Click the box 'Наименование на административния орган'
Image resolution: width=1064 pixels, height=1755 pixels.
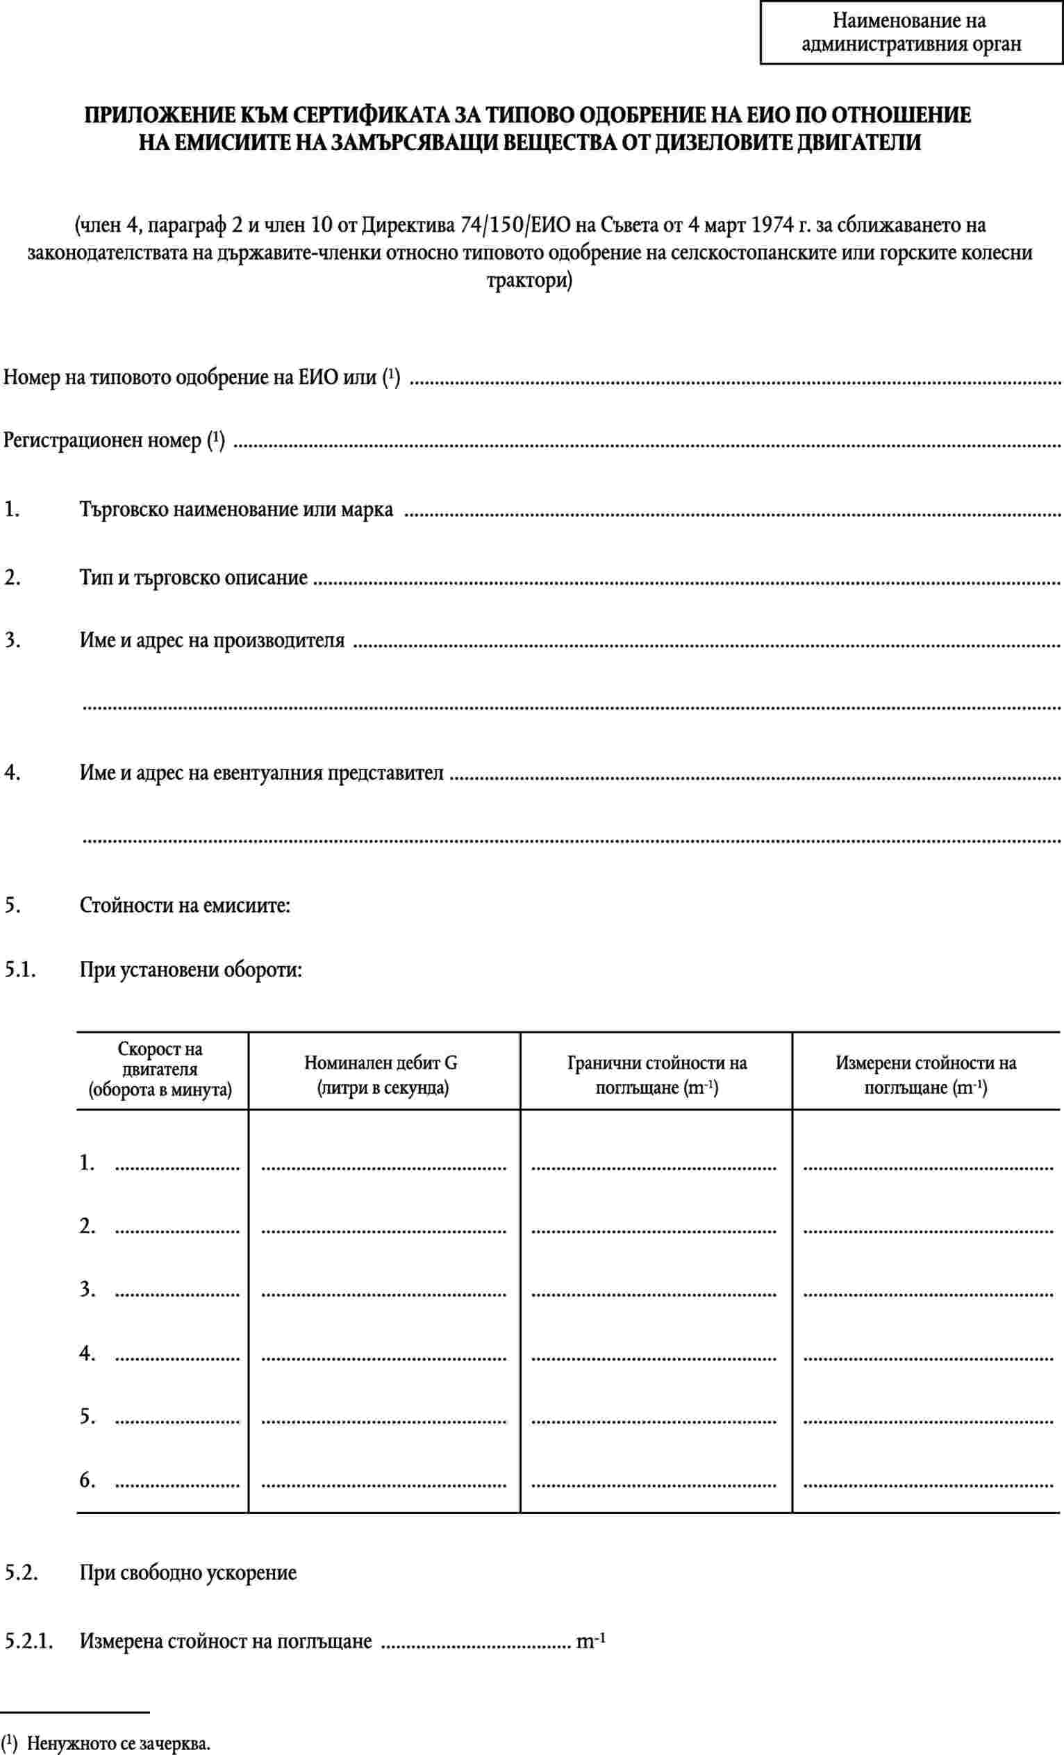point(911,33)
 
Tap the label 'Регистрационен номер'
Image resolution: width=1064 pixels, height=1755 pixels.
point(103,441)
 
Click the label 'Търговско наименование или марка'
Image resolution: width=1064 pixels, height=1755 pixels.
point(235,510)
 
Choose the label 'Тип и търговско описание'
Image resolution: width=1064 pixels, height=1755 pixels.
point(193,577)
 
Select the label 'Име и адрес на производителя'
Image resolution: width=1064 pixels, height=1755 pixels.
point(212,640)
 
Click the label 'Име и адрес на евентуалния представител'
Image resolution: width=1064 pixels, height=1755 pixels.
point(260,773)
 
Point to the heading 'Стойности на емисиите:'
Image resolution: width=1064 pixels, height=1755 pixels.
point(185,906)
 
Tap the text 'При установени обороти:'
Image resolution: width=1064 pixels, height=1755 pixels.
point(190,970)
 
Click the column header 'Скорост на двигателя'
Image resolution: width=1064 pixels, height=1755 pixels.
point(160,1069)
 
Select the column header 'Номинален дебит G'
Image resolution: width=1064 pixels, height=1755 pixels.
point(381,1076)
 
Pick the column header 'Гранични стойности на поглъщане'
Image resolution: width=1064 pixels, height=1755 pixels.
point(656,1076)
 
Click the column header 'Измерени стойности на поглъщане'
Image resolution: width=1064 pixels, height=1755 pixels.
point(925,1076)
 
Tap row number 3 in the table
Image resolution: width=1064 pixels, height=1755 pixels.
point(87,1289)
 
